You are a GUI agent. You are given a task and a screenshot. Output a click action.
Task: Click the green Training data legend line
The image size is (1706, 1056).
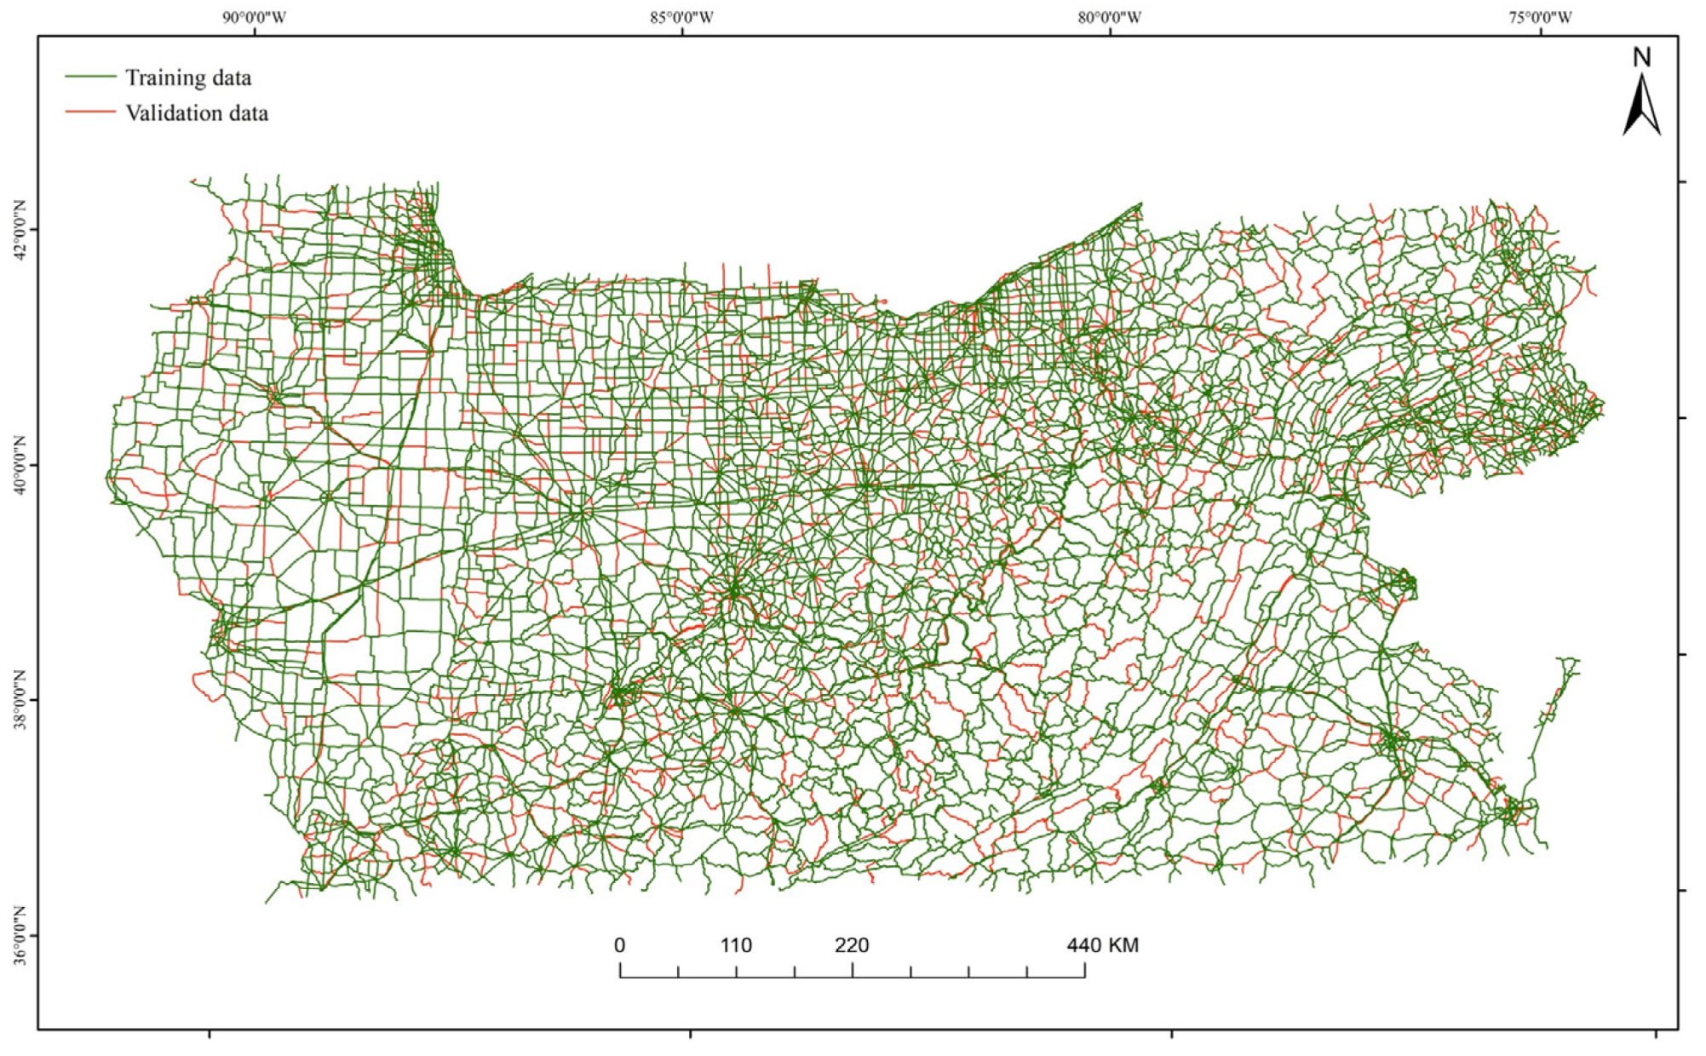90,77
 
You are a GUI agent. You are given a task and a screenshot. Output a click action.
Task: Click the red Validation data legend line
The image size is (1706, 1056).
90,112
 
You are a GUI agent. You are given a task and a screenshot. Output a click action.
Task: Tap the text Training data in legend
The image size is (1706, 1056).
188,78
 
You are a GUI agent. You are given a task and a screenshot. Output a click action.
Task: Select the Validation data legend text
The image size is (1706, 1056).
197,113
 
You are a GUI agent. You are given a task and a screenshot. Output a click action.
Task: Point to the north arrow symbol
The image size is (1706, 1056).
1641,106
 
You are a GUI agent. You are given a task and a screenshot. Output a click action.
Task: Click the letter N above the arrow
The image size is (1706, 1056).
1641,58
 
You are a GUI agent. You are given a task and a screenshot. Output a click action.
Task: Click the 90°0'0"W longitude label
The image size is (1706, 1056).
255,18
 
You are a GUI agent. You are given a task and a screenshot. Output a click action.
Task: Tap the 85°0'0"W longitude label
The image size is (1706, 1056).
682,18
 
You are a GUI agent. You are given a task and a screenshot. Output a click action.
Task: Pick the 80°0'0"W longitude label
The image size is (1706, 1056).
1110,18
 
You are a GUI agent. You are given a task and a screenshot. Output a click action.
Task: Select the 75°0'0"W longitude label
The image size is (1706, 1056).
1541,18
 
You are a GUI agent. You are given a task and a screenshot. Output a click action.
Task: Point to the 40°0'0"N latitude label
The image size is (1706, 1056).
20,466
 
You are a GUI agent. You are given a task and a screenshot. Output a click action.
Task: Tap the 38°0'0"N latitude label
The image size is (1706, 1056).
20,700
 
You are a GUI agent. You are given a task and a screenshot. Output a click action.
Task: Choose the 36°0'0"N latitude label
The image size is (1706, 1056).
20,936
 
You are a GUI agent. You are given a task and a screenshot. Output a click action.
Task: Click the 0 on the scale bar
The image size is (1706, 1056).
619,945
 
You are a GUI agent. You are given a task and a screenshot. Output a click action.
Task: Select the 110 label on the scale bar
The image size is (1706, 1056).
736,945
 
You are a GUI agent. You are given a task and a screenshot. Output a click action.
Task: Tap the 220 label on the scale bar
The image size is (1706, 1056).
852,945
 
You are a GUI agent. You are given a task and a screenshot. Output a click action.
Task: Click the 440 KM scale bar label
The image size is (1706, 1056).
1102,945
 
